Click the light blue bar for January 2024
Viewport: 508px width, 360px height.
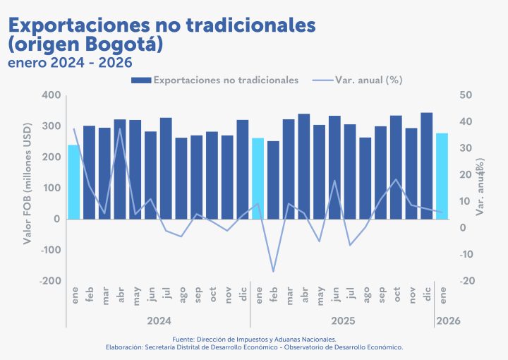pyautogui.click(x=73, y=181)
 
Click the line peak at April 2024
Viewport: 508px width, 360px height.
pyautogui.click(x=120, y=128)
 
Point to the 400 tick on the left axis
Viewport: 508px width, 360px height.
pyautogui.click(x=52, y=95)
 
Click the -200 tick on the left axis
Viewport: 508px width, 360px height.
pyautogui.click(x=49, y=281)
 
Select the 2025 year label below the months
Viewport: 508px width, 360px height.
pyautogui.click(x=343, y=320)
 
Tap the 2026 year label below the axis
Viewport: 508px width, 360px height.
pyautogui.click(x=449, y=320)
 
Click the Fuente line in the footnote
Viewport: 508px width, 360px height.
pyautogui.click(x=254, y=340)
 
